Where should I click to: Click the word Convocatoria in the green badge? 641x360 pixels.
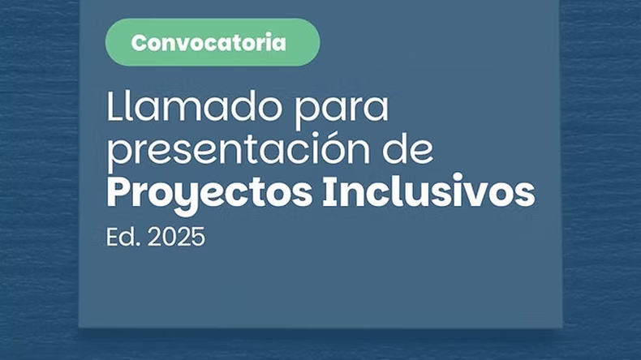click(209, 42)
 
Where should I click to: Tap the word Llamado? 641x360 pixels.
click(195, 106)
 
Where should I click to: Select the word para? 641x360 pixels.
click(342, 110)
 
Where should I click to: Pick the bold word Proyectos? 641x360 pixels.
click(209, 193)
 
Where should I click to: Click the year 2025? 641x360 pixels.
click(176, 237)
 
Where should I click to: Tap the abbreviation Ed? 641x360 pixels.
click(123, 237)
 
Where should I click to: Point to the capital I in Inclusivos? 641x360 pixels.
click(328, 191)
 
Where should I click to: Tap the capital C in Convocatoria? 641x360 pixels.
click(140, 42)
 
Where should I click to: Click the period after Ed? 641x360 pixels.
click(138, 244)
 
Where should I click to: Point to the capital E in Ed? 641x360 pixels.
click(113, 237)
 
